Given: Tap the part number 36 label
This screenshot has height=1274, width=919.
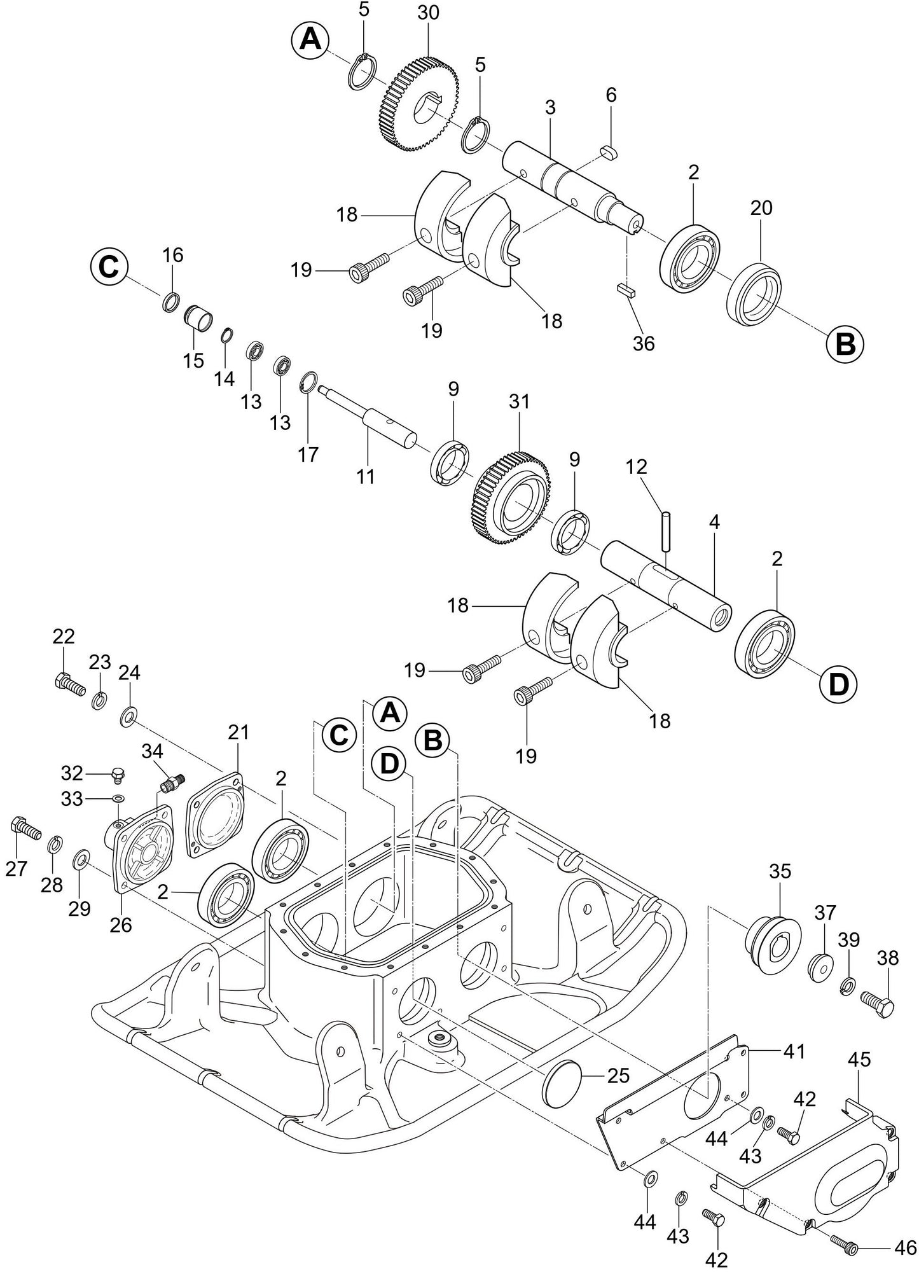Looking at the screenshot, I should point(644,343).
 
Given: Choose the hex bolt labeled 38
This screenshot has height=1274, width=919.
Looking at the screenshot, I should point(878,1003).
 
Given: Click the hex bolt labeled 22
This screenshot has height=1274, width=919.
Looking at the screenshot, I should point(66,685).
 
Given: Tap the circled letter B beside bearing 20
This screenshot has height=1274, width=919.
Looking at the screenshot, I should point(845,344).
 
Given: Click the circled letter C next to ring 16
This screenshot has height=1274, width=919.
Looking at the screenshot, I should point(109,268).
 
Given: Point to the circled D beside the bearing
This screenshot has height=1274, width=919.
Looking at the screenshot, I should point(838,684).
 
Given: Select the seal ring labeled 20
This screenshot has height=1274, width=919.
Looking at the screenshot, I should point(755,294).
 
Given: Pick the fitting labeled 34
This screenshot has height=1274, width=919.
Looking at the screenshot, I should point(172,782).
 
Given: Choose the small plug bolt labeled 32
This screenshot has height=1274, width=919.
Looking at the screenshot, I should point(117,774).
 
